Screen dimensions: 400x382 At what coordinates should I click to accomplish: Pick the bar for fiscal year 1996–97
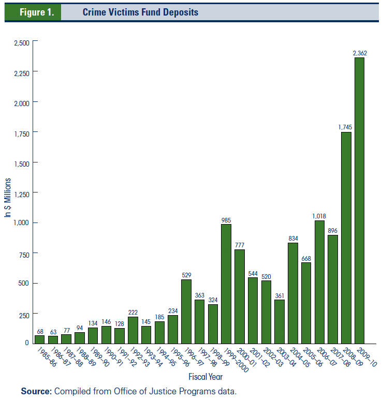click(x=186, y=311)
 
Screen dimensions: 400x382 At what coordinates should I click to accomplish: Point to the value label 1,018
click(x=319, y=216)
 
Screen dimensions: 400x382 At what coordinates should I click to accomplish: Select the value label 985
click(x=226, y=219)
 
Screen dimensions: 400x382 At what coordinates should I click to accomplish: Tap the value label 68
click(x=39, y=331)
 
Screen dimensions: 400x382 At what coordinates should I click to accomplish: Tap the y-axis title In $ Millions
click(x=8, y=197)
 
